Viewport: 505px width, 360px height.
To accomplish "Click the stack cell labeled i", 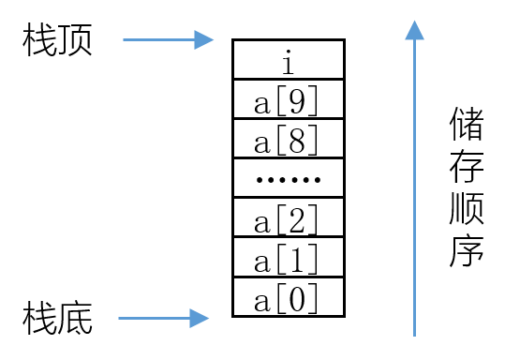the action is click(289, 59).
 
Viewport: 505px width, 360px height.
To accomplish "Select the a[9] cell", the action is click(289, 99).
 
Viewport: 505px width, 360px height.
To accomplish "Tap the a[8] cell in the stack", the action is click(289, 139).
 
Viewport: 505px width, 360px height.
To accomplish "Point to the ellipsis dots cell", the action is click(289, 178).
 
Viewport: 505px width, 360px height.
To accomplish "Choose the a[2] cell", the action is click(289, 217).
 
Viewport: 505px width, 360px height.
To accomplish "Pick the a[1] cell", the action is click(289, 257).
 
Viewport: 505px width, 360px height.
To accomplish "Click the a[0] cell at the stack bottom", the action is click(289, 297).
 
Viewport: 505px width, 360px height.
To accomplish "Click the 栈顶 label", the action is click(57, 39).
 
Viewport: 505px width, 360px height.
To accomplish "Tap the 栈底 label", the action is click(57, 318).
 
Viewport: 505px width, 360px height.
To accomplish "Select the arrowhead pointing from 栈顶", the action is click(203, 40).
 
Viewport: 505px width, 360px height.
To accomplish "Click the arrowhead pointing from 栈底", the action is click(199, 319).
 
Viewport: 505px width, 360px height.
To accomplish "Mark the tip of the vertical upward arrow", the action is click(414, 21).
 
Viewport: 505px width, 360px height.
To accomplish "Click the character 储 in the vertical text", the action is click(467, 124).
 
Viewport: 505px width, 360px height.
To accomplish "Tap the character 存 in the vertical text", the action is click(467, 166).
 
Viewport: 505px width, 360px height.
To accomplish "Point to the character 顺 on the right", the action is click(467, 208).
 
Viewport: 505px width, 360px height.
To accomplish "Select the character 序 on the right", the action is click(467, 250).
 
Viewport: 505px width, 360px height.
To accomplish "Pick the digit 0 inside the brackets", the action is click(297, 299).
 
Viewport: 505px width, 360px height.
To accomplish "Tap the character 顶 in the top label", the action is click(75, 39).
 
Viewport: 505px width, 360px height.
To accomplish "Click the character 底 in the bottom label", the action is click(75, 318).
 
